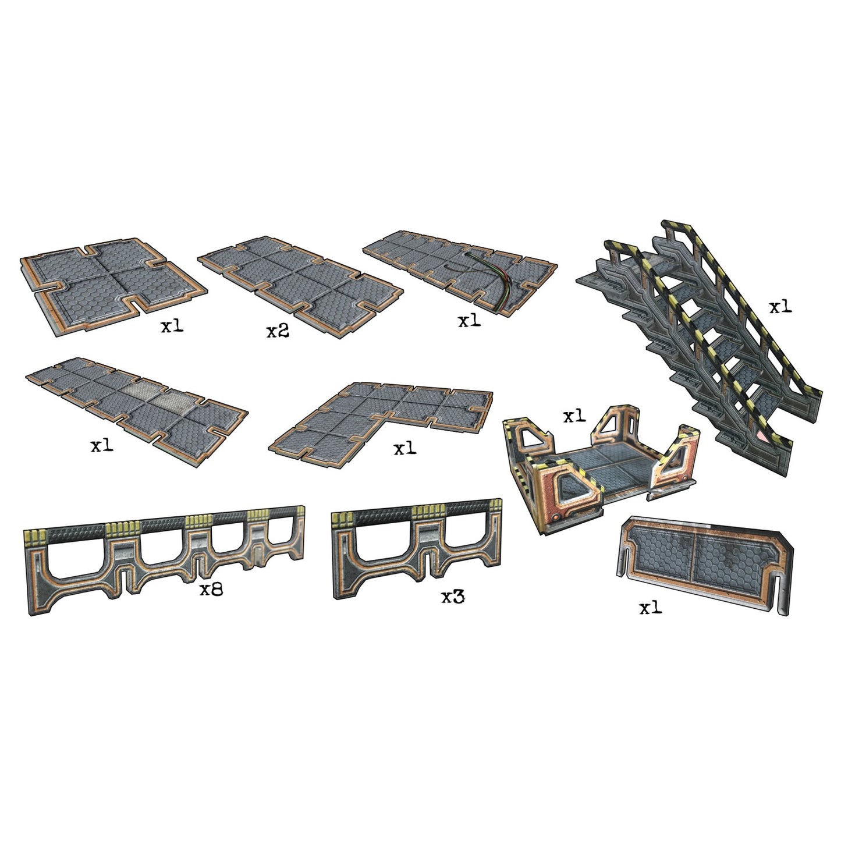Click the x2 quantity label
click(x=278, y=332)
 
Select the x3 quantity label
click(x=453, y=597)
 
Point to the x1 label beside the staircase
click(x=780, y=307)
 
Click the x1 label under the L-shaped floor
click(x=404, y=448)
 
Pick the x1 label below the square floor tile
click(x=172, y=326)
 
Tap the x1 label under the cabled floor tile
click(x=469, y=321)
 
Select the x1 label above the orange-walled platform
click(x=574, y=416)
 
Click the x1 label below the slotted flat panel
click(x=650, y=608)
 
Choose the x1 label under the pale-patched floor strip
click(x=102, y=445)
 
